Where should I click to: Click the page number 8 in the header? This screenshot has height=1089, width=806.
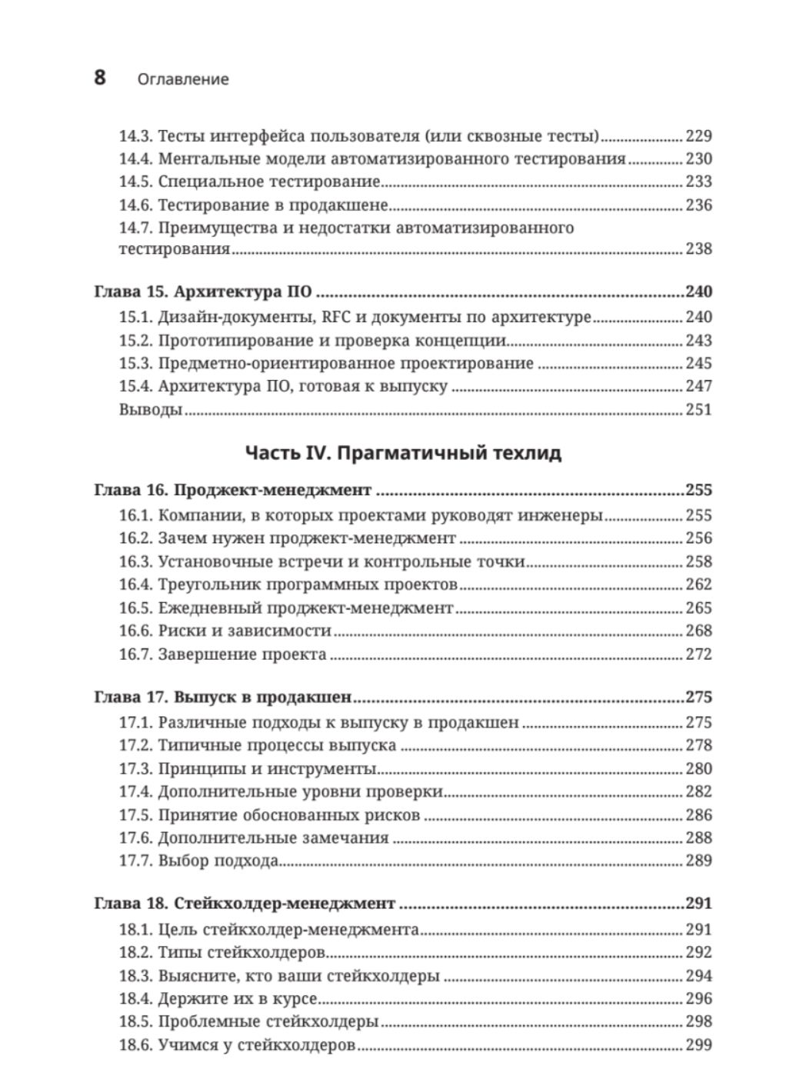[100, 78]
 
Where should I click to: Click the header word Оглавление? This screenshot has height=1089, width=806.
[183, 79]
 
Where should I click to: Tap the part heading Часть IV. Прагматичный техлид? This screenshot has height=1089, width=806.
[403, 453]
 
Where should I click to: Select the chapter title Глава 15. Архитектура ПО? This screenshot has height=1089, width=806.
[204, 292]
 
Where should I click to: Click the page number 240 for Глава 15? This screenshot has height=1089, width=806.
[698, 292]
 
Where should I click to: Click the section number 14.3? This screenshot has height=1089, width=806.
[135, 137]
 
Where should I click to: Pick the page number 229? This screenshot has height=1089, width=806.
[698, 137]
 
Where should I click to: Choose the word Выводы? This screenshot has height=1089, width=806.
[151, 410]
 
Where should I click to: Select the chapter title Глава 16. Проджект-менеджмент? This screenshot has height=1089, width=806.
[232, 491]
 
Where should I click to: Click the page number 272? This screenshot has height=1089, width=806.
[698, 654]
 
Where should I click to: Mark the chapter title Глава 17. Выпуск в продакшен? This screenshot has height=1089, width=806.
[222, 698]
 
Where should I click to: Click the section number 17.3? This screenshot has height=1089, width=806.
[135, 769]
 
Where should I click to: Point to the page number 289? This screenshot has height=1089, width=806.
[698, 861]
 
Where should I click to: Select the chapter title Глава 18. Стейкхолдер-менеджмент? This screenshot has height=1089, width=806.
[245, 904]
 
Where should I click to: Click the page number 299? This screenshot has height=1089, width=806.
[698, 1045]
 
